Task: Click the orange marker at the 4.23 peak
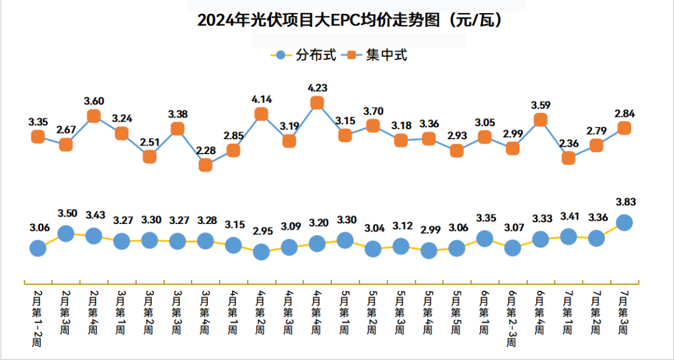[x=317, y=103]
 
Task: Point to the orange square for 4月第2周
[x=261, y=114]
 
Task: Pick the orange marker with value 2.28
[x=205, y=165]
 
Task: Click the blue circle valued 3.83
[x=624, y=222]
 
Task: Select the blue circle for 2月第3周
[x=66, y=233]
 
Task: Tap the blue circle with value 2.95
[x=261, y=251]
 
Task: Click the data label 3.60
[x=94, y=101]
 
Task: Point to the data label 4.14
[x=261, y=99]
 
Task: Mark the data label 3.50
[x=66, y=213]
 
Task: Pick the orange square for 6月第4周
[x=540, y=120]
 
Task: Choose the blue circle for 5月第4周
[x=429, y=250]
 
